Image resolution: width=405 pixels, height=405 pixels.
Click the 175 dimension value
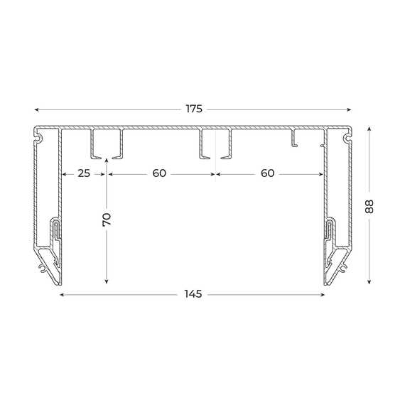click(194, 109)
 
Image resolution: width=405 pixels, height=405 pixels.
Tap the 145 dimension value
click(193, 294)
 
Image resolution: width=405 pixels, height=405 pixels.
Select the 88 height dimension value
click(369, 206)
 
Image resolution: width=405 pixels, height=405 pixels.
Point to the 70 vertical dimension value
click(107, 220)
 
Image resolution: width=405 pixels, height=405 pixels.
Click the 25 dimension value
click(84, 173)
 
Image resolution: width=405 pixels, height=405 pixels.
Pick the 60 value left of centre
click(159, 173)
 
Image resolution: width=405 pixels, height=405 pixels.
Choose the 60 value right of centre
click(267, 173)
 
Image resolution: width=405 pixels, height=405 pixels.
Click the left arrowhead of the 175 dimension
click(36, 109)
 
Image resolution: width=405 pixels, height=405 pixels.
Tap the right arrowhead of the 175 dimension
click(349, 109)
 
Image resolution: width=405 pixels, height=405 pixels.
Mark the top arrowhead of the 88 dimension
click(369, 129)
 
